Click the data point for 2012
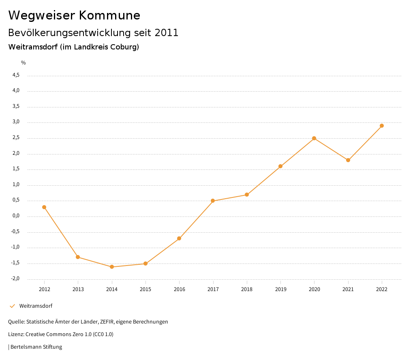tap(44, 207)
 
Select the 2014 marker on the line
tap(112, 267)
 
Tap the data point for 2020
tap(314, 138)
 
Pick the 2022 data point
tap(382, 126)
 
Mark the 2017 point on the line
tap(213, 201)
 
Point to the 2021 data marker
tap(348, 160)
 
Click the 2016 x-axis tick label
tap(179, 289)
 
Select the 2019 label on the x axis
tap(280, 289)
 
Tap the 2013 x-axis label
tap(78, 289)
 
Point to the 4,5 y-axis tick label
tap(16, 75)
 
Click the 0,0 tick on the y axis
tap(16, 216)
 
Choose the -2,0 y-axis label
tap(15, 279)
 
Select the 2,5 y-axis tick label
tap(16, 138)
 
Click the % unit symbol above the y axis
tap(24, 63)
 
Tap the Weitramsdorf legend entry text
tap(36, 306)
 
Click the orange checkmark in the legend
tap(12, 306)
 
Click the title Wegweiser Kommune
tap(74, 15)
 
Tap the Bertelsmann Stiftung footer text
tap(36, 347)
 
